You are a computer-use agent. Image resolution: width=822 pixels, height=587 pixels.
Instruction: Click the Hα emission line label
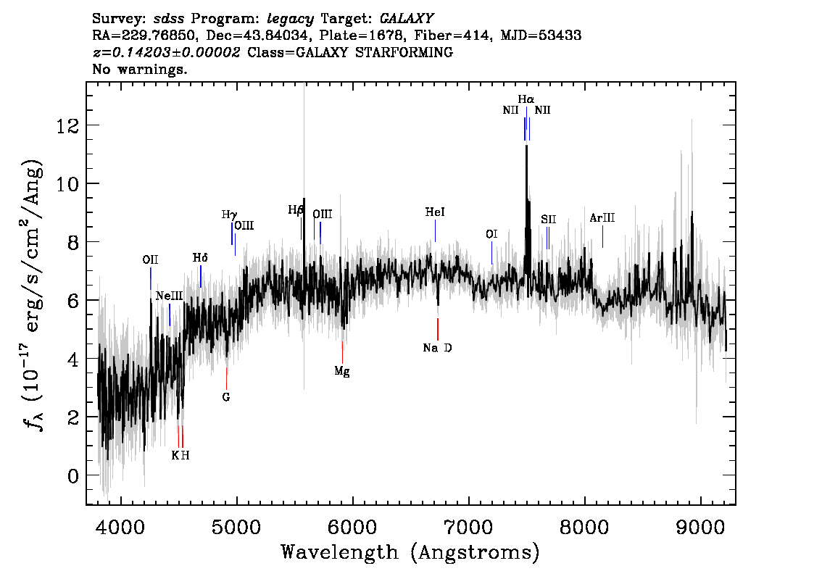tap(526, 99)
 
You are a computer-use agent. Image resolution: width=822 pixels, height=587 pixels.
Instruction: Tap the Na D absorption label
tap(437, 348)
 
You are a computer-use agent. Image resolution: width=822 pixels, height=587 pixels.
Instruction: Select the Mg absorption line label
tap(342, 371)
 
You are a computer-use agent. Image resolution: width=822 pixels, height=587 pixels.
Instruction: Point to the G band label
tap(226, 397)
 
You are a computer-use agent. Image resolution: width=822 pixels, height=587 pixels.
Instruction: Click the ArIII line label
tap(602, 217)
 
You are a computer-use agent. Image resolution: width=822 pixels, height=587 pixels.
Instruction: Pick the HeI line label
tap(435, 212)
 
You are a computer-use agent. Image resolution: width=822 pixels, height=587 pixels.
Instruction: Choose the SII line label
tap(548, 219)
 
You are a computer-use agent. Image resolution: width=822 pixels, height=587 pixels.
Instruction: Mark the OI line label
tap(491, 233)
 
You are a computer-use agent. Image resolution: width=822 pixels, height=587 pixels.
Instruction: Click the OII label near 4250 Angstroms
tap(150, 259)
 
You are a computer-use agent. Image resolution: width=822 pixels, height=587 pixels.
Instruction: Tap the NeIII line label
tap(169, 296)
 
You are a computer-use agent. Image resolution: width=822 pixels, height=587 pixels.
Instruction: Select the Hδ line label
tap(200, 257)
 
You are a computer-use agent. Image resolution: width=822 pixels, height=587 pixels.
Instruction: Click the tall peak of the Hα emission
tap(526, 149)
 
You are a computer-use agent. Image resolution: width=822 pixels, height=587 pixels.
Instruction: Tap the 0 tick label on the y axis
tap(72, 476)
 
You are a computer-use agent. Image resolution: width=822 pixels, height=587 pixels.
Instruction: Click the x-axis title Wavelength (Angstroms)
tap(410, 553)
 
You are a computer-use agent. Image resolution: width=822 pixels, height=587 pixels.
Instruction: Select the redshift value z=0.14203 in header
tap(166, 52)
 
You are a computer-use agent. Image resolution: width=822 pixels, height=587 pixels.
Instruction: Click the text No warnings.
tap(140, 70)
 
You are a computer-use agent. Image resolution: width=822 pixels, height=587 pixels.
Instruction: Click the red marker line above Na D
tap(437, 329)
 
